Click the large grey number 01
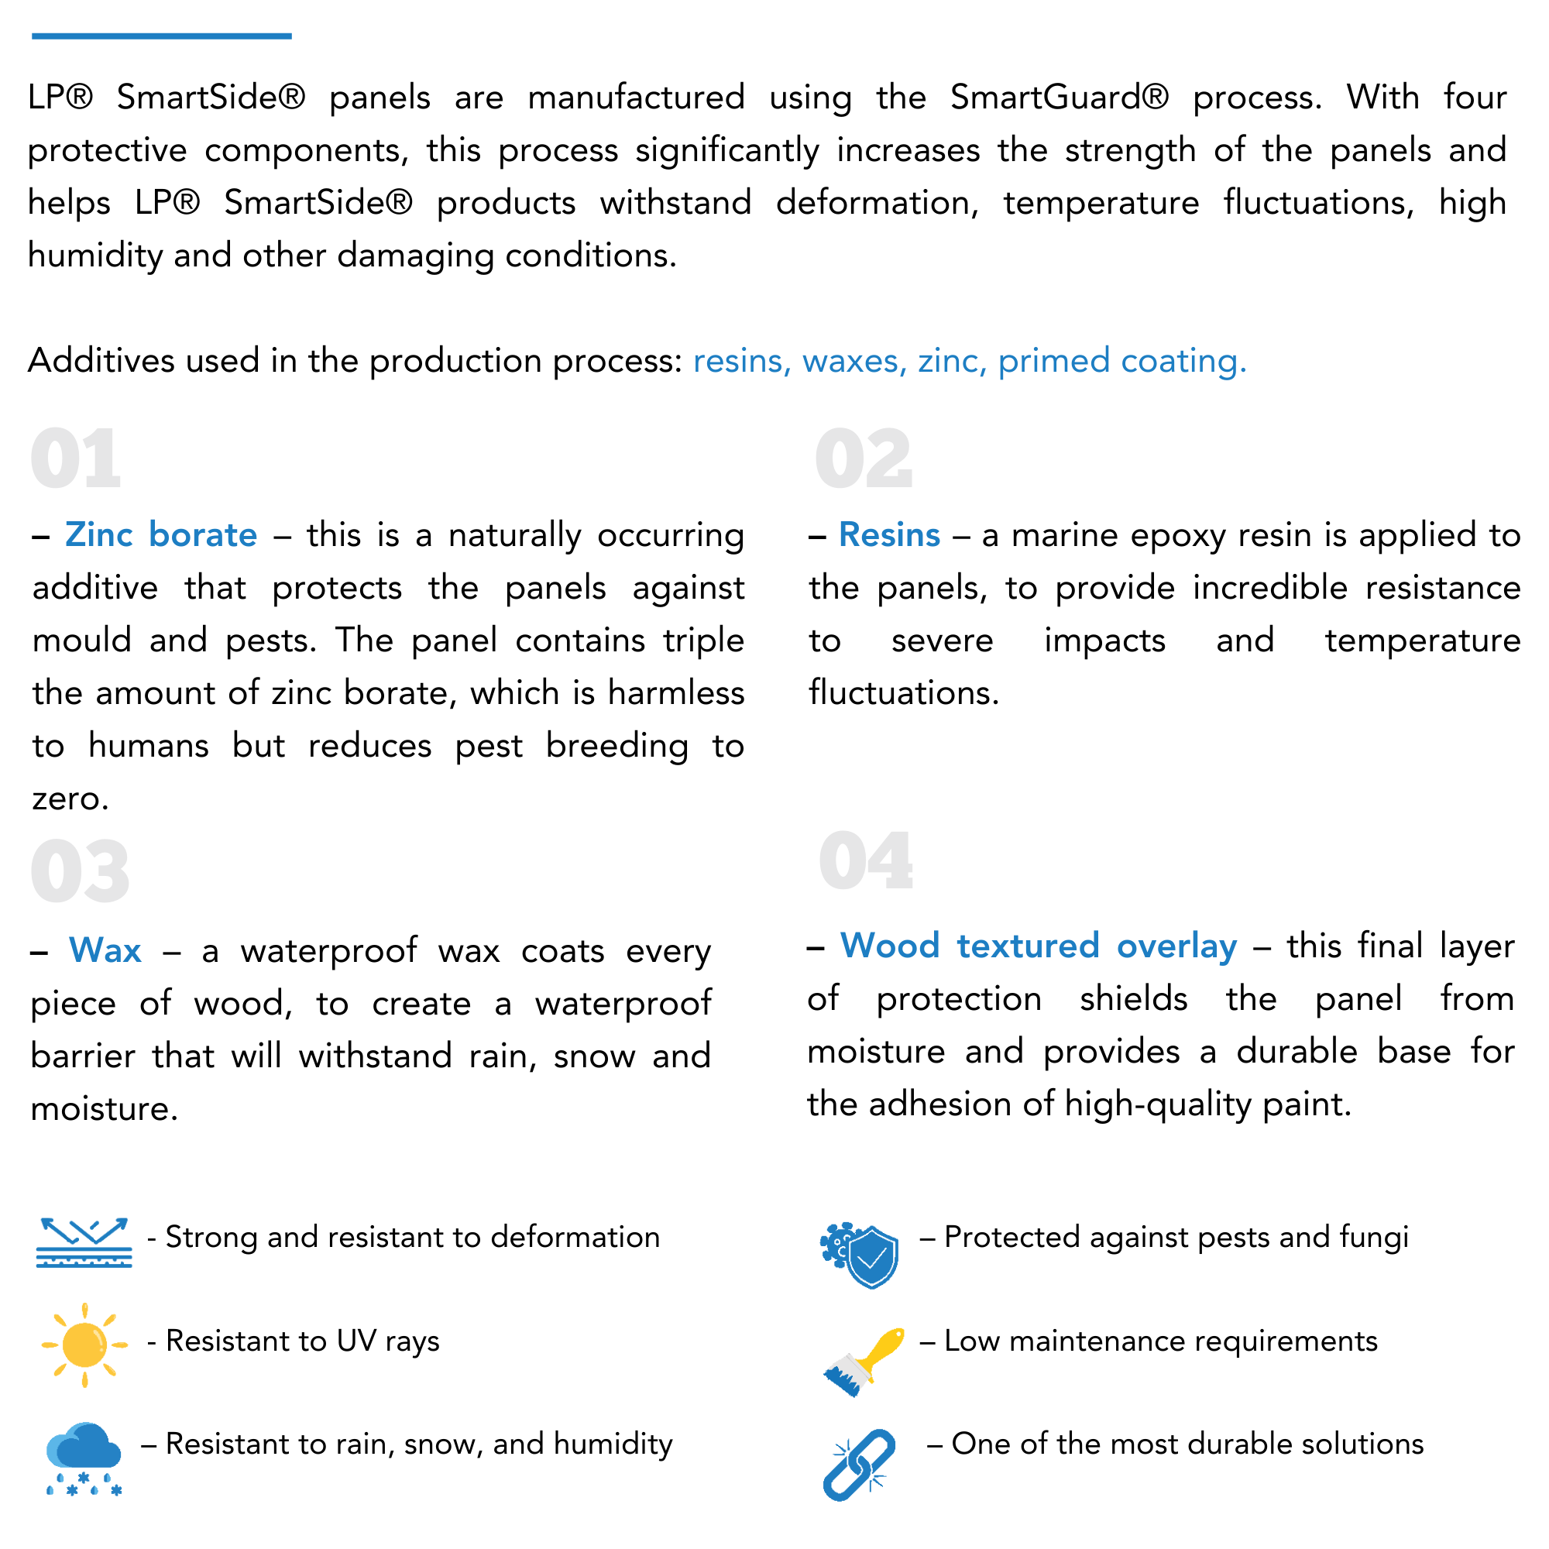pyautogui.click(x=76, y=459)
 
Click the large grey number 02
pyautogui.click(x=864, y=459)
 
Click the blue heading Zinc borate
pyautogui.click(x=161, y=534)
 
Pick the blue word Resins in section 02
pyautogui.click(x=889, y=534)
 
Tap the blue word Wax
pyautogui.click(x=105, y=950)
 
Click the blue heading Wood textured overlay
pyautogui.click(x=1039, y=946)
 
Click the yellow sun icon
pyautogui.click(x=84, y=1345)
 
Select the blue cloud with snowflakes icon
pyautogui.click(x=84, y=1457)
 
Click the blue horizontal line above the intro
pyautogui.click(x=161, y=36)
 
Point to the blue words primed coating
pyautogui.click(x=1121, y=362)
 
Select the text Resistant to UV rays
pyautogui.click(x=302, y=1341)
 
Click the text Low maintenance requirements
pyautogui.click(x=1160, y=1341)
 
